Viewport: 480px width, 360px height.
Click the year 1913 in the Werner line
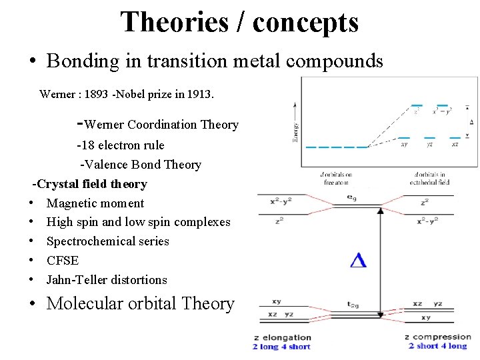click(199, 94)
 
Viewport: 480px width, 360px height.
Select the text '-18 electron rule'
click(120, 145)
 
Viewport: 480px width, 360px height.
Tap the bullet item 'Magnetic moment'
click(95, 203)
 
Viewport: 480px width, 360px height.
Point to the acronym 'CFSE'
click(63, 261)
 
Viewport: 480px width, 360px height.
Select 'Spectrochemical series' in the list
click(108, 241)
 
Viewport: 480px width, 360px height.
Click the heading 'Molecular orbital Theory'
click(141, 304)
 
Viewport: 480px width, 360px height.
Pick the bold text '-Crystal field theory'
click(91, 183)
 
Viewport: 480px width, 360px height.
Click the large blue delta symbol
click(359, 260)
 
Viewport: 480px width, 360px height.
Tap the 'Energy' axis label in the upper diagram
click(295, 129)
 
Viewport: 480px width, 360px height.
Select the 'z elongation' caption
click(283, 337)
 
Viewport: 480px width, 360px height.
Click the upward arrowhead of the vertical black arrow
click(381, 211)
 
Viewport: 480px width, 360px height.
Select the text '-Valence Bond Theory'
click(141, 164)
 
